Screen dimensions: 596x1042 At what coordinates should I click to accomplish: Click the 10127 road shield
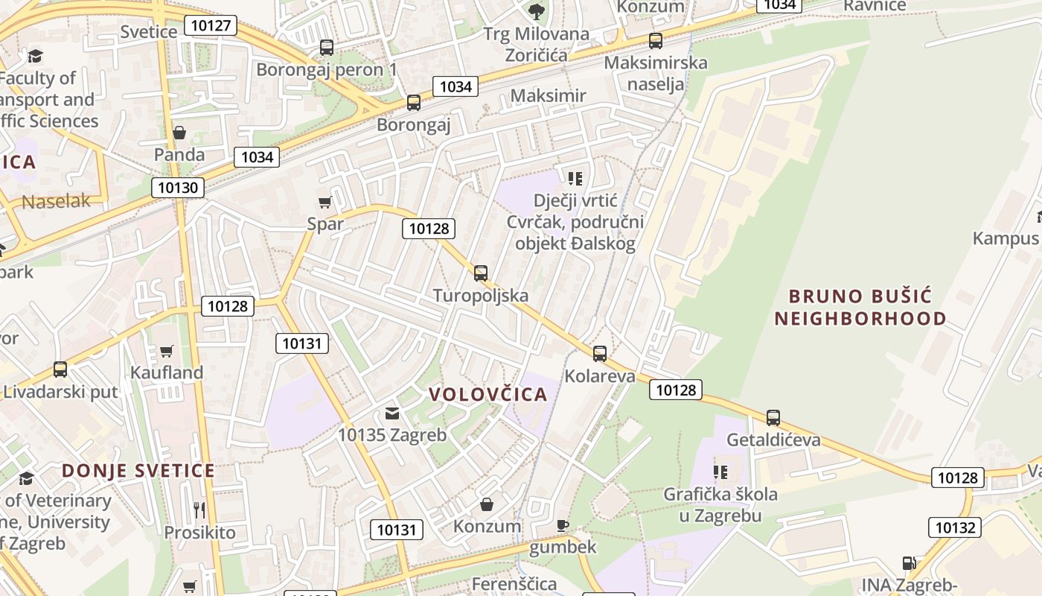tap(213, 26)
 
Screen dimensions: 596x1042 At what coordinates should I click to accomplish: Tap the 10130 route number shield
tap(178, 187)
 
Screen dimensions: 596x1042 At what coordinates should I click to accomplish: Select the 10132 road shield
tap(954, 527)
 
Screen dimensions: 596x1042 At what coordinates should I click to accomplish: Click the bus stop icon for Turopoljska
tap(481, 273)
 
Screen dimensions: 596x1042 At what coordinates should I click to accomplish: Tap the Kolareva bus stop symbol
tap(600, 354)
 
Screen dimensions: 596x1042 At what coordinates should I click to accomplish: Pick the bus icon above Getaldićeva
tap(773, 418)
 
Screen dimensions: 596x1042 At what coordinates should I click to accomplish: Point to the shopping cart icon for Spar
tap(325, 202)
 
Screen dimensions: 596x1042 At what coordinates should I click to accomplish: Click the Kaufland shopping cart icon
tap(167, 351)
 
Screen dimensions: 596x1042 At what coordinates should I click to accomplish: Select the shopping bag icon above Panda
tap(179, 133)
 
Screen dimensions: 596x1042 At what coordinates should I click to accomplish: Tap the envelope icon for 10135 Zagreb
tap(392, 413)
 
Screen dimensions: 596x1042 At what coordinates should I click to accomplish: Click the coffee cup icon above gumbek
tap(563, 525)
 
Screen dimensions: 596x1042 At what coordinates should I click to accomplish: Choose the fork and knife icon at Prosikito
tap(199, 510)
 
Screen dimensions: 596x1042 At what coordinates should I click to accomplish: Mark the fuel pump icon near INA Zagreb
tap(909, 563)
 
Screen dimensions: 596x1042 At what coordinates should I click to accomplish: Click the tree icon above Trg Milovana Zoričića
tap(536, 11)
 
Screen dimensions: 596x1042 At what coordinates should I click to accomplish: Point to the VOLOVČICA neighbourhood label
tap(488, 395)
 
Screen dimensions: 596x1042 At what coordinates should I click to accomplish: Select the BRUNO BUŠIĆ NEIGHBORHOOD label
tap(860, 308)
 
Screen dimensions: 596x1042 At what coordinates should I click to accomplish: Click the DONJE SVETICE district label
tap(138, 471)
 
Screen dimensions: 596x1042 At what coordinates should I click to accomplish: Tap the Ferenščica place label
tap(514, 583)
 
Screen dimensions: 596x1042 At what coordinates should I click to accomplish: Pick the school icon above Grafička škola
tap(720, 472)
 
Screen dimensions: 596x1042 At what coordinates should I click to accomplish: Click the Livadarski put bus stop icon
tap(60, 370)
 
